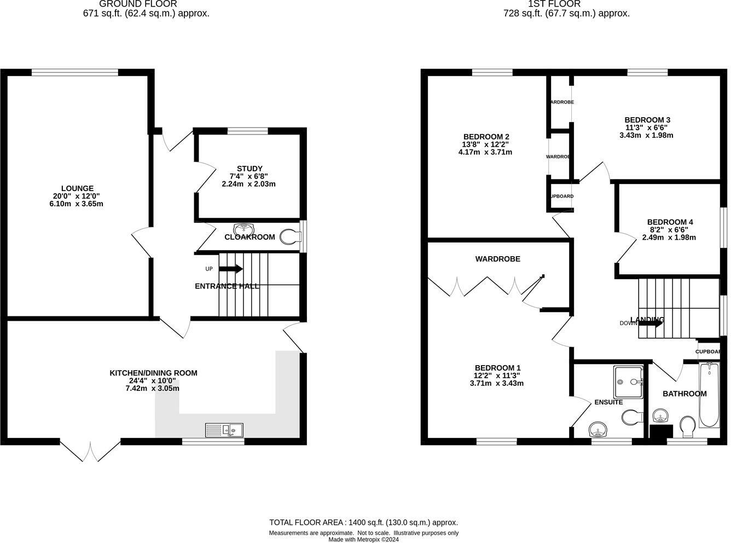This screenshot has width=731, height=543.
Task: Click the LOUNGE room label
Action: click(x=77, y=188)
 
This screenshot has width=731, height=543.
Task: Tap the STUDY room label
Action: click(x=250, y=169)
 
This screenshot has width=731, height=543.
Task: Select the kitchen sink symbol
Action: click(x=224, y=430)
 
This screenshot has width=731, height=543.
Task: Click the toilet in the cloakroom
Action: click(x=290, y=236)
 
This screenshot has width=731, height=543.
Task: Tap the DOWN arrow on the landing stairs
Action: click(x=651, y=323)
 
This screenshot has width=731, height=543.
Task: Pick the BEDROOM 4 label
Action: click(x=670, y=222)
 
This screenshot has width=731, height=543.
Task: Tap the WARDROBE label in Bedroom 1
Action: click(x=497, y=258)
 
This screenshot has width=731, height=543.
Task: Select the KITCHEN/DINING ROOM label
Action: click(x=153, y=373)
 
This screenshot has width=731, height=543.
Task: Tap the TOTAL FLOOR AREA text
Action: click(x=363, y=522)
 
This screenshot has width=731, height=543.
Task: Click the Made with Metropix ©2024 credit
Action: click(x=363, y=539)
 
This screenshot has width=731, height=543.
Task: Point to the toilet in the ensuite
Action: click(x=632, y=417)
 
